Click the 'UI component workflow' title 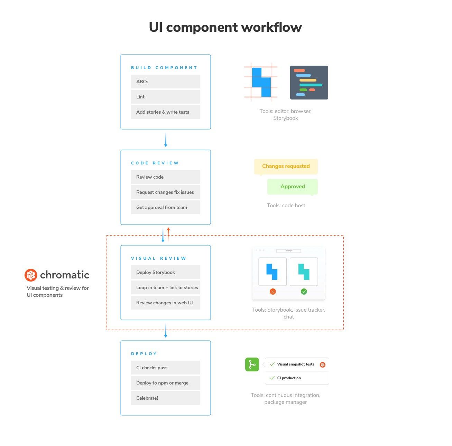coord(225,27)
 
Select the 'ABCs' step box coord(166,82)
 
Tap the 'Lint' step coord(166,97)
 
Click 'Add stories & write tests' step coord(166,112)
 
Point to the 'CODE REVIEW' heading coord(155,163)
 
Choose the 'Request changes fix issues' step coord(166,192)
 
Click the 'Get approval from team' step coord(166,207)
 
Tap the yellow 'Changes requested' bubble coord(286,167)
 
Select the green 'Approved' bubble coord(293,187)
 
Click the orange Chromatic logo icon coord(31,275)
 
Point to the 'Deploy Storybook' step coord(166,272)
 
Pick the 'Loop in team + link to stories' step coord(166,287)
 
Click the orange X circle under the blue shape coord(273,292)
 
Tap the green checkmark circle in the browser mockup coord(304,292)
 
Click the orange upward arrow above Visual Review coord(168,234)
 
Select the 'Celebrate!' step coord(166,398)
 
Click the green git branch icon coord(252,365)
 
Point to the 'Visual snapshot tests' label coord(296,364)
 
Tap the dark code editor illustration coord(309,83)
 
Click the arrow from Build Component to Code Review coord(166,140)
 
